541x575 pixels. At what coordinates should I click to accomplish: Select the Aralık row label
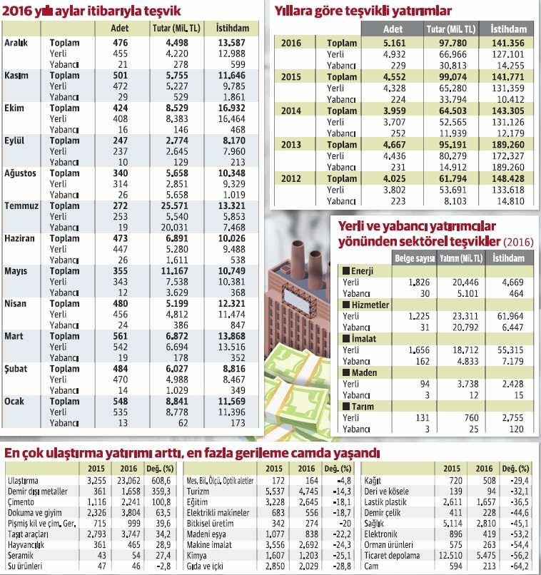click(16, 44)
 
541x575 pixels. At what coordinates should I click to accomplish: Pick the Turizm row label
click(197, 492)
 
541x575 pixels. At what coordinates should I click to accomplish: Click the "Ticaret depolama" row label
click(393, 556)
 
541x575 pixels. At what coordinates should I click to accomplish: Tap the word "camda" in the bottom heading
click(303, 453)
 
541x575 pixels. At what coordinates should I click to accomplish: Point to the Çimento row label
click(21, 503)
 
